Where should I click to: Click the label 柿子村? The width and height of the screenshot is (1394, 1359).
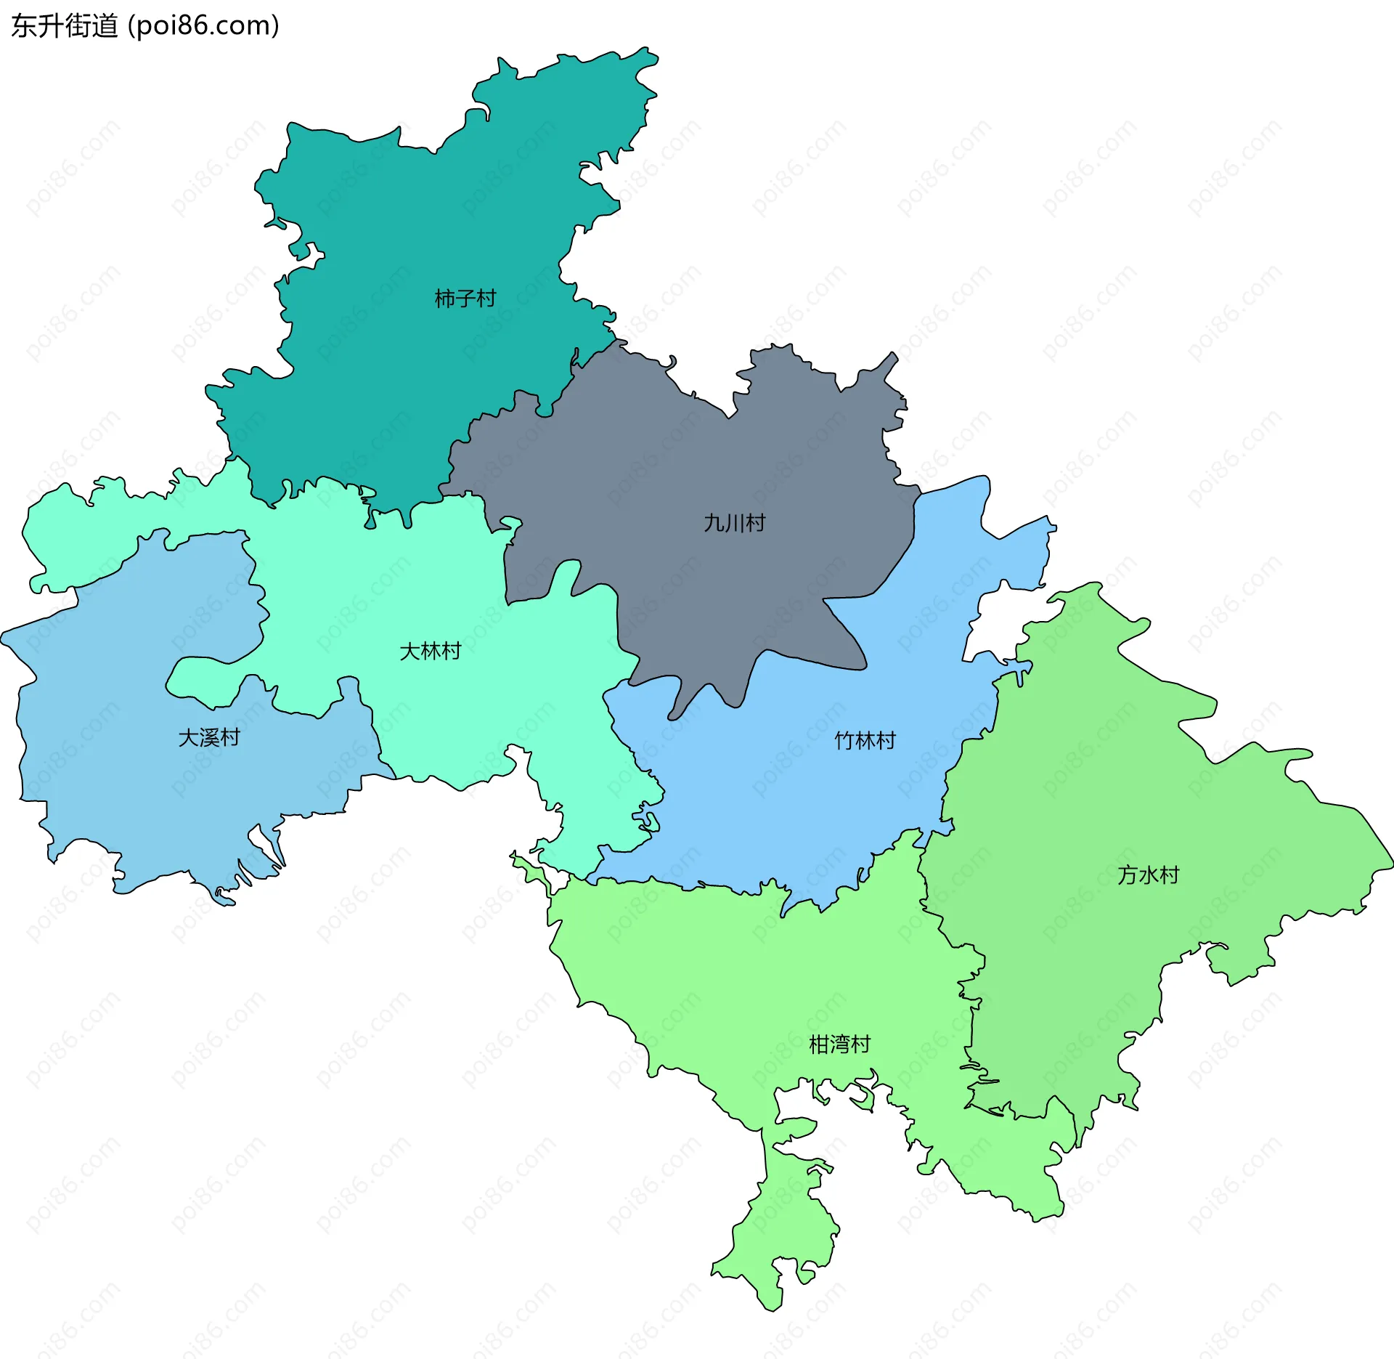coord(465,299)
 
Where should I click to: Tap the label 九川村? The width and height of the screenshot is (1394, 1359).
coord(734,523)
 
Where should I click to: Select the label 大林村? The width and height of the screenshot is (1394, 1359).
coord(430,651)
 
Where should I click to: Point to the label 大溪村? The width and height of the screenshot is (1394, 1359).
coord(209,737)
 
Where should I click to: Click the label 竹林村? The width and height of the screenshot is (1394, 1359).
coord(865,741)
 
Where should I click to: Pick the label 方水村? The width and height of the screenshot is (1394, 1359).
coord(1148,875)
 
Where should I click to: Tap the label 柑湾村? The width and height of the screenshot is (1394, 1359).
coord(839,1044)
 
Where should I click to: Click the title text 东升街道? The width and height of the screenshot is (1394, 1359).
coord(64,26)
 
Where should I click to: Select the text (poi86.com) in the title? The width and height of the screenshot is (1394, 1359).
coord(203,26)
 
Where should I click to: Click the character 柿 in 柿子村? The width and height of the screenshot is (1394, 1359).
coord(444,299)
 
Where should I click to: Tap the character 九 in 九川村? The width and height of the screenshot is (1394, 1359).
coord(714,523)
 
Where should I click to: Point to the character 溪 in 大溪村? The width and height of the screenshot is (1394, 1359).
coord(209,737)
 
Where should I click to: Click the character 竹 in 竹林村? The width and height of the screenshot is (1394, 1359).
coord(844,741)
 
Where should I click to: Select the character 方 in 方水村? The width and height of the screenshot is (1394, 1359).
coord(1128,875)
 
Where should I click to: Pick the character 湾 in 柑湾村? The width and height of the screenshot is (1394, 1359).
coord(839,1044)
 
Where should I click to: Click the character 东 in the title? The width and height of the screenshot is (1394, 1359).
coord(24,26)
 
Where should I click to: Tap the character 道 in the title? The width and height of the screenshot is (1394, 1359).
coord(105,26)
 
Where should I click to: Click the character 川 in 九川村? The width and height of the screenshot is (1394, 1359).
coord(734,523)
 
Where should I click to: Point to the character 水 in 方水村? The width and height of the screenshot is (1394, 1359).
coord(1148,875)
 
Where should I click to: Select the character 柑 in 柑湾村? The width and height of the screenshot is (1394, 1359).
coord(819,1044)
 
